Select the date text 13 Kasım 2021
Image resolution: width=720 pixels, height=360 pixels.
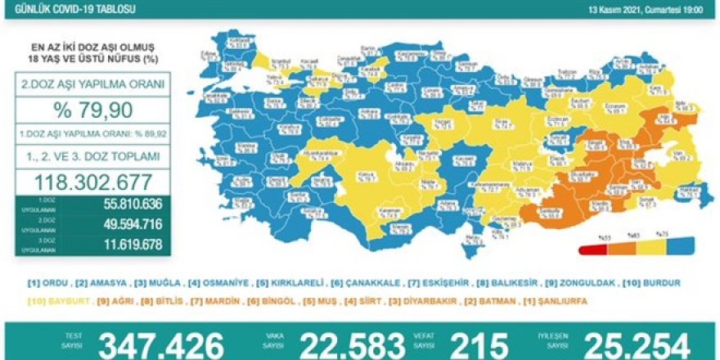[616, 11]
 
